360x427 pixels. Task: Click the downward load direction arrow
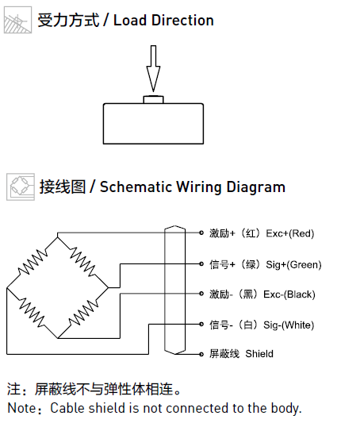coord(153,68)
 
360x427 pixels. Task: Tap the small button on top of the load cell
coord(154,100)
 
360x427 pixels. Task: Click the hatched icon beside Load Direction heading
coord(17,20)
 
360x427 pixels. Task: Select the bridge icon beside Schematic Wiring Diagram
coord(21,187)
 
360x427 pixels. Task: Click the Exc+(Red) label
coord(290,233)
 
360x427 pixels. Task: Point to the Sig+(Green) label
coord(293,265)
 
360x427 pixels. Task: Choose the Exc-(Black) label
coord(289,294)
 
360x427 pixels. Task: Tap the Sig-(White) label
coord(289,325)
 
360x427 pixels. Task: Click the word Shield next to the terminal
coord(259,354)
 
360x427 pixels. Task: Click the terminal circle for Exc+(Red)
coord(201,233)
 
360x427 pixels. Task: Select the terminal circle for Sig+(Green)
coord(201,264)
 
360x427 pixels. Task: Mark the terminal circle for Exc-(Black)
coord(201,294)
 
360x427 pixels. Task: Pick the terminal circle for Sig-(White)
coord(201,324)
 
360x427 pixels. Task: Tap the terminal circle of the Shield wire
coord(201,354)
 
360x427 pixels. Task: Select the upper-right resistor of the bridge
coord(82,261)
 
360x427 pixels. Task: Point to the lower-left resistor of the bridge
coord(32,313)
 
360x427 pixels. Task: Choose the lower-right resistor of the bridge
coord(83,313)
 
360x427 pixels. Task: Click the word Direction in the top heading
coord(182,21)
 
